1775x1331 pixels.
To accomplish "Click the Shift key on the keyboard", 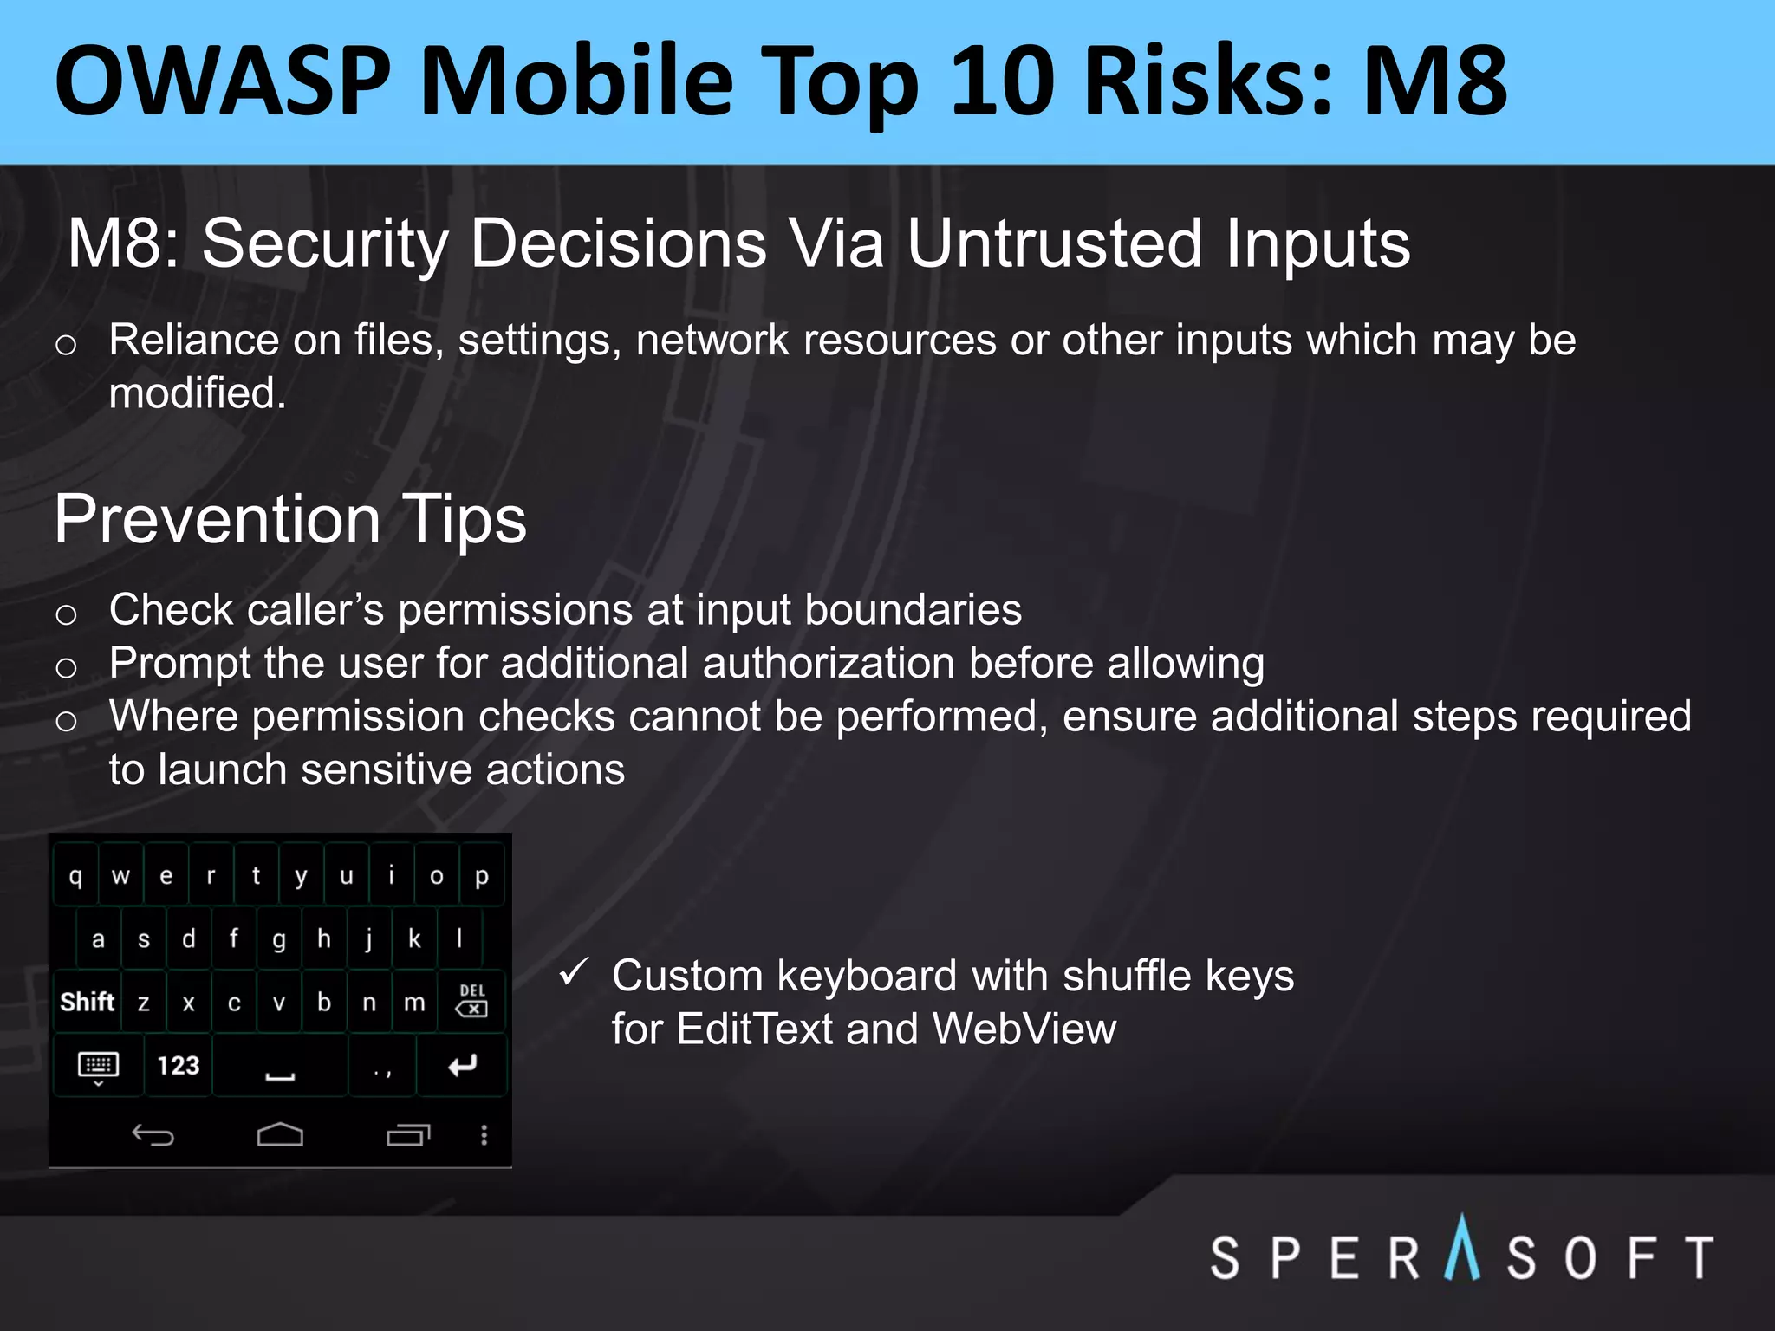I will (x=87, y=1002).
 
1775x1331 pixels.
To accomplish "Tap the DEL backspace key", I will (x=471, y=1002).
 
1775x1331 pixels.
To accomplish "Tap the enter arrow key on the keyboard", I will (x=462, y=1065).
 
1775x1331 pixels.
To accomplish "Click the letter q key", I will (x=75, y=876).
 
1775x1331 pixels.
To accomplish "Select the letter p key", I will (x=481, y=876).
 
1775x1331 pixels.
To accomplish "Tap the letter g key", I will (x=278, y=939).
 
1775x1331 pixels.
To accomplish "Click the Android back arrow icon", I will (x=153, y=1134).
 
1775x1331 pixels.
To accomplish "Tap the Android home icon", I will (x=280, y=1134).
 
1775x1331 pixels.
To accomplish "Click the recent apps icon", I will (x=407, y=1134).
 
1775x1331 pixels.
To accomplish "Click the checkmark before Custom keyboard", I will (x=575, y=972).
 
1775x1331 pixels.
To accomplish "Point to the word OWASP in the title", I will (x=223, y=82).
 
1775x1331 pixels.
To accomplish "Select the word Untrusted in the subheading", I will (x=1054, y=243).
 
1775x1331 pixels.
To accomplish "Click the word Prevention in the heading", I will (x=217, y=520).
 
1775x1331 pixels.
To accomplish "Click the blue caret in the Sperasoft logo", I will (x=1462, y=1248).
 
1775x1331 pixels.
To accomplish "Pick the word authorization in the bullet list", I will (x=828, y=664).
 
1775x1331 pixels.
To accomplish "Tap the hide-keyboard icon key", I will (x=98, y=1066).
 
